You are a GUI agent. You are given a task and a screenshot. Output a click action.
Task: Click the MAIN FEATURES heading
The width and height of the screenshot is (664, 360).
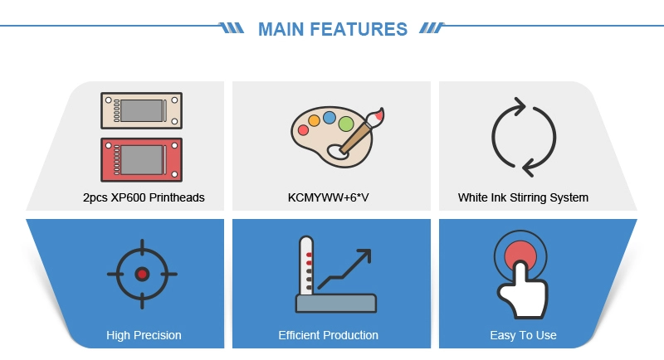point(333,29)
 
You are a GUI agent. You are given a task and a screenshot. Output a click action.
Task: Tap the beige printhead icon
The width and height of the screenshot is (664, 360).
point(141,110)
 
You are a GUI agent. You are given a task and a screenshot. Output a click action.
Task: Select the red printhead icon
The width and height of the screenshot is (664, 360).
point(141,160)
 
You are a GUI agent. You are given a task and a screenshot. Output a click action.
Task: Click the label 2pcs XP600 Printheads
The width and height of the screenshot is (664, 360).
point(144,197)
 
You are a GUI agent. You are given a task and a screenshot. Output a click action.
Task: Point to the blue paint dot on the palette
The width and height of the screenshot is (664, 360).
point(329,117)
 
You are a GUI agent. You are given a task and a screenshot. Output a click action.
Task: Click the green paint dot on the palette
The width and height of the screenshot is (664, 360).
point(346,124)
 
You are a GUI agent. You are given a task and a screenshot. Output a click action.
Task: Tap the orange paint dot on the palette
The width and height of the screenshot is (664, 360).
point(314,120)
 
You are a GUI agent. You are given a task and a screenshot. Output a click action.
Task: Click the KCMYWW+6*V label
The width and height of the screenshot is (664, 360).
point(328,197)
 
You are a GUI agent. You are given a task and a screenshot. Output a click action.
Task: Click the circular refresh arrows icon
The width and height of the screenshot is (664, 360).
point(493,138)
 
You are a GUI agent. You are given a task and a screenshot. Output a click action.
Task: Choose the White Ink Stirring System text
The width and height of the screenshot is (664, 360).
point(523,197)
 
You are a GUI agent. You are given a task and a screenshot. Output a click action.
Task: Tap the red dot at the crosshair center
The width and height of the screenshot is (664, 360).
point(142,274)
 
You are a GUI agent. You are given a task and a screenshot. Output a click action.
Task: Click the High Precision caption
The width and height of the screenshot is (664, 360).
point(144,335)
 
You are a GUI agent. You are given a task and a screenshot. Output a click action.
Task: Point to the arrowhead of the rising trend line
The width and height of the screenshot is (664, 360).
point(364,255)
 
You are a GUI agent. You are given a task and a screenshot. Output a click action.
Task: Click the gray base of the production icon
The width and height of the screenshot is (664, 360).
point(336,304)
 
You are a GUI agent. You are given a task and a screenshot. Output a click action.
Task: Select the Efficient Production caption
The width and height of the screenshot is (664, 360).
point(328,335)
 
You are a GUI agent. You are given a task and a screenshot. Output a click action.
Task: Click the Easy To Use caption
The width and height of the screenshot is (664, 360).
point(523,335)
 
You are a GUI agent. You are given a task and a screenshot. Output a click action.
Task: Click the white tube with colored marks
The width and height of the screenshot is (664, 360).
point(306,265)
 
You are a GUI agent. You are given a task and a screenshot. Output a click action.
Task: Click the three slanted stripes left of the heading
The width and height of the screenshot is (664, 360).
point(232,28)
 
